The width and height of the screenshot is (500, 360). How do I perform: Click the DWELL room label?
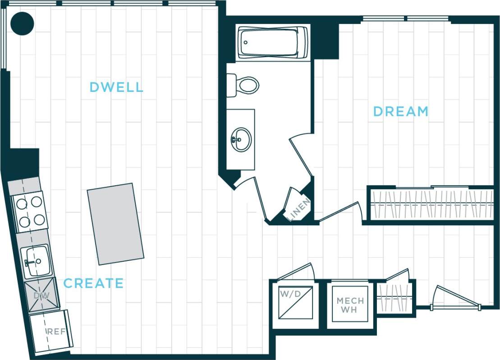point(116,87)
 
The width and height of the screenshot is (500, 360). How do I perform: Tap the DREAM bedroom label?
point(400,111)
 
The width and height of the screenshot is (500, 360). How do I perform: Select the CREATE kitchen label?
point(93,283)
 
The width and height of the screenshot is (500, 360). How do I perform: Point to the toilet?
point(245,85)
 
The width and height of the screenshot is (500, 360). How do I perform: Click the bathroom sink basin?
point(242,139)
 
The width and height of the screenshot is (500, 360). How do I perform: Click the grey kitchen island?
point(115,223)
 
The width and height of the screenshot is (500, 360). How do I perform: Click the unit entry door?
point(455,297)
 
